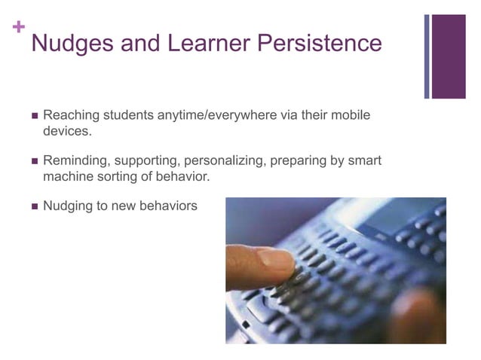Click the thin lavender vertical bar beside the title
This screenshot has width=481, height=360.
point(427,56)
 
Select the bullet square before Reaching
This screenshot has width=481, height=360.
point(33,117)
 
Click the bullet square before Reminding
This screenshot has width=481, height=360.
point(33,162)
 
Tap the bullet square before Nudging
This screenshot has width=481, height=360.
point(33,206)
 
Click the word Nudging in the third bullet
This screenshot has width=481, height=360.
point(69,206)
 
